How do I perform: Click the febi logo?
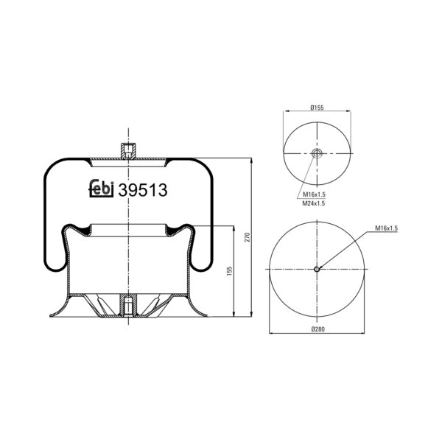pos(101,189)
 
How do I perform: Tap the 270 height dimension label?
pos(248,236)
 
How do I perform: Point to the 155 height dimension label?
pos(231,271)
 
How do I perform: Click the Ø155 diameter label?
pos(317,108)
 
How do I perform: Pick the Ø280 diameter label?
pos(317,329)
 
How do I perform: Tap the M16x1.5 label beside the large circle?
pos(386,229)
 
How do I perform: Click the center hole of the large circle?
pos(317,269)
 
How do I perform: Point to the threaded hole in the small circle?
pos(317,153)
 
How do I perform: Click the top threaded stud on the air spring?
pos(128,150)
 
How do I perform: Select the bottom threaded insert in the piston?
pos(128,304)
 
